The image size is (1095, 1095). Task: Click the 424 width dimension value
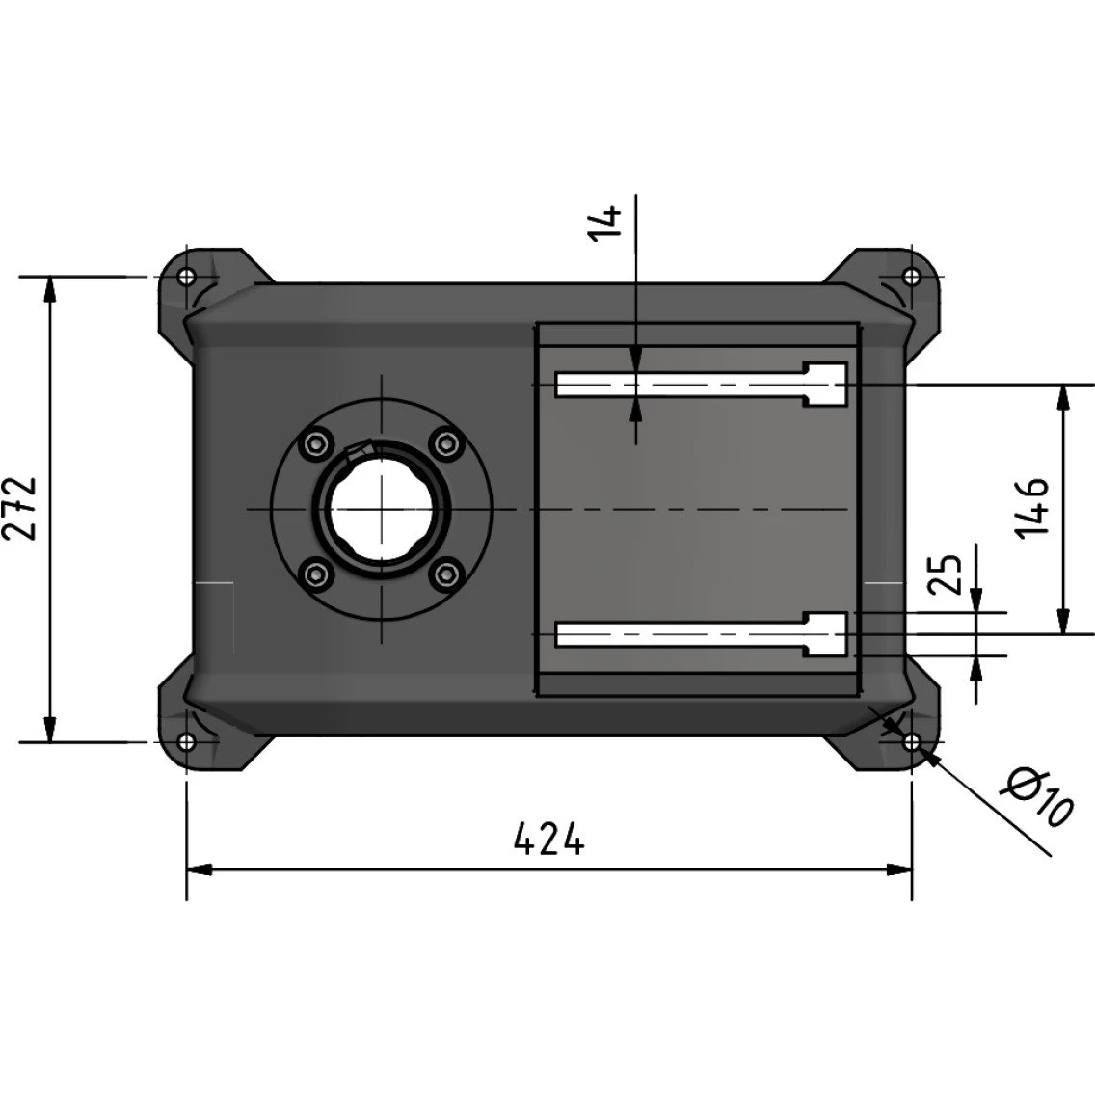pos(548,839)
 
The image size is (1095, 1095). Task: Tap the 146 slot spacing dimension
pos(1031,508)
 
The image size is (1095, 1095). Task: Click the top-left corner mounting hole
pos(186,277)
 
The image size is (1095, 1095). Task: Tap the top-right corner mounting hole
pos(911,276)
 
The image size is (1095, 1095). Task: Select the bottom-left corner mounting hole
pos(186,741)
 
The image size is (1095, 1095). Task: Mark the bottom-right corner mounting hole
pos(911,742)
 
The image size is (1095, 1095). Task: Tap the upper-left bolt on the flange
pos(316,443)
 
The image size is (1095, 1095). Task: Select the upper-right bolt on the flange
pos(447,443)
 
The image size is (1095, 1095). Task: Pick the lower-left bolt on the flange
pos(316,574)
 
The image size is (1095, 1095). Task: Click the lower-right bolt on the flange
pos(447,574)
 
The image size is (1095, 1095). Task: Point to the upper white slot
pos(701,385)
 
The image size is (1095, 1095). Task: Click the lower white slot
pos(701,634)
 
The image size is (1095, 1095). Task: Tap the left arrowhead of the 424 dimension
pos(199,870)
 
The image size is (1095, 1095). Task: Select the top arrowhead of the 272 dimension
pos(49,289)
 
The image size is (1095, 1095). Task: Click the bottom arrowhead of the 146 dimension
pos(1063,622)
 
